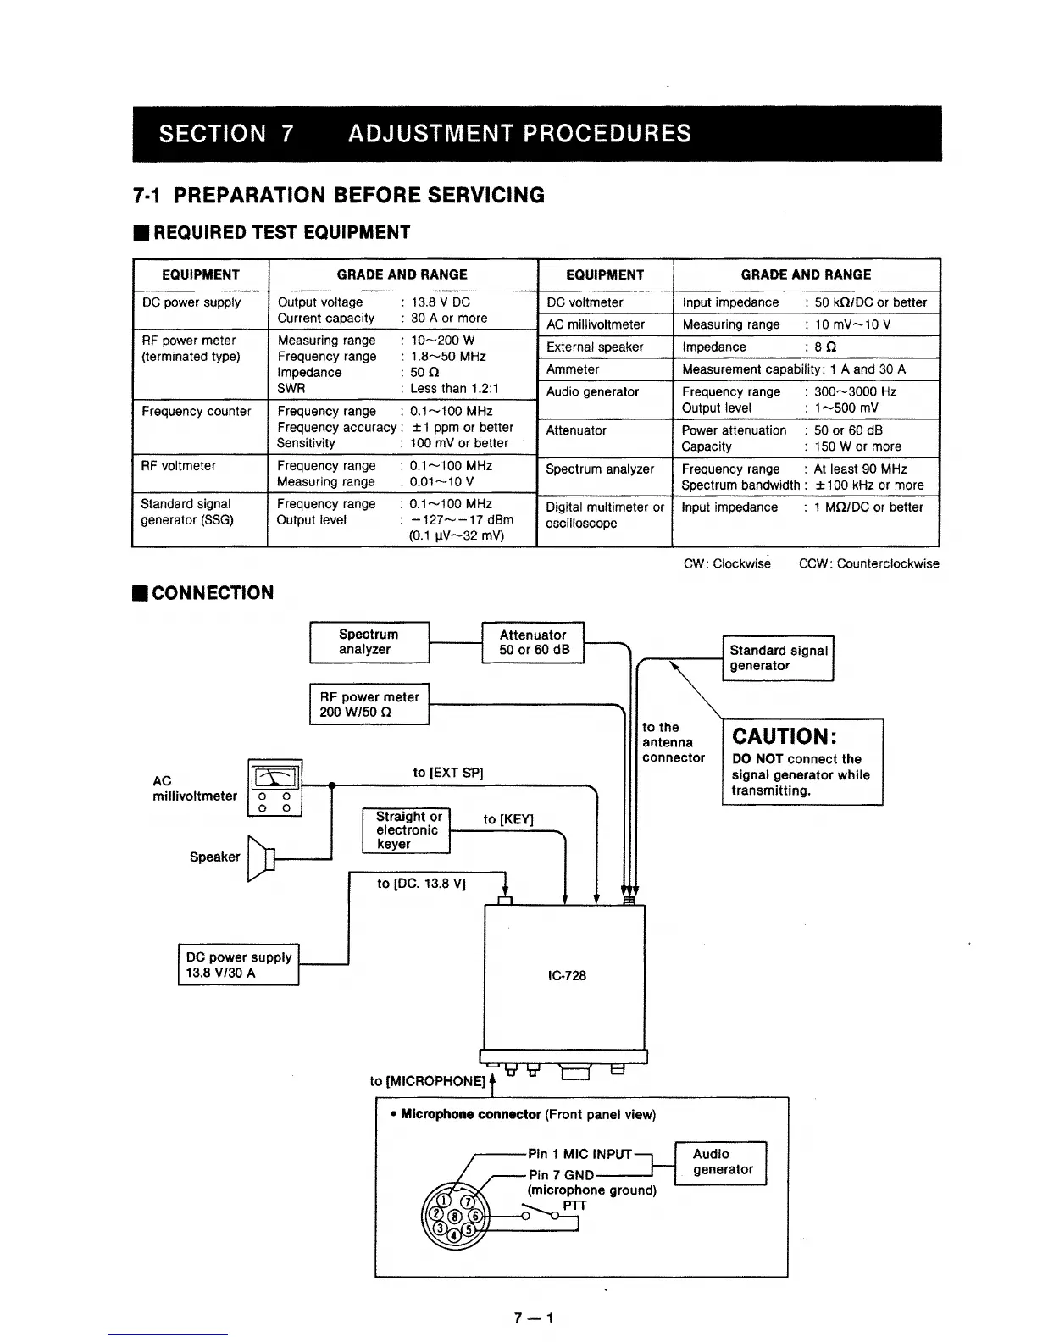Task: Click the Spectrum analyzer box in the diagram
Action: pos(369,642)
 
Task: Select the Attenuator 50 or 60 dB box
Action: pos(533,642)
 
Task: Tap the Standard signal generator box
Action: pos(778,658)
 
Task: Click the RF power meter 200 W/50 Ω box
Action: pos(369,704)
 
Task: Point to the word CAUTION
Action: pos(784,736)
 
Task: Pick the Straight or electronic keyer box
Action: pos(406,830)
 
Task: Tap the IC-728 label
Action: pos(567,975)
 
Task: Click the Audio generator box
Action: pos(721,1162)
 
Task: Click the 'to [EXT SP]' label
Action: pos(447,773)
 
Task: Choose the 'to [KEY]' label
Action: pos(508,819)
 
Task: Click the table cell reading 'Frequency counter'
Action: pos(196,412)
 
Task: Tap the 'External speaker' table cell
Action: pos(595,347)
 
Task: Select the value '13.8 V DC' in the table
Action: pos(441,302)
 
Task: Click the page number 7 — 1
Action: pos(533,1318)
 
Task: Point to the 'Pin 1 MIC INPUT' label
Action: pos(579,1154)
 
